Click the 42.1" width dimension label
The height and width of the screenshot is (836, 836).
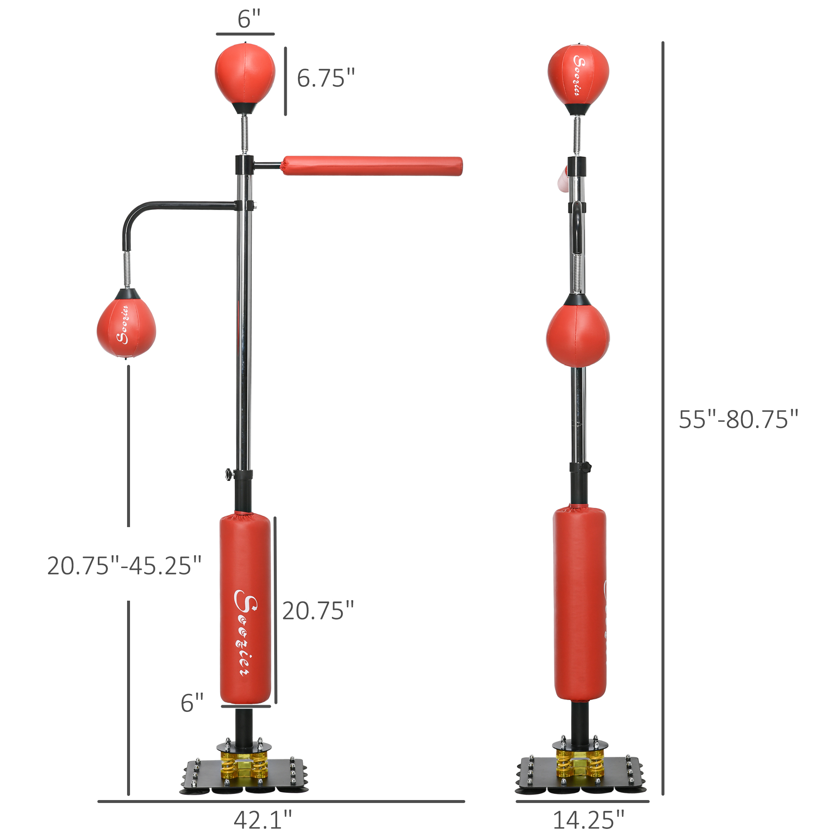tap(263, 819)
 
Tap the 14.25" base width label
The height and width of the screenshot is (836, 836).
tap(589, 819)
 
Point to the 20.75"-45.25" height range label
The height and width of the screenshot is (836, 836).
tap(124, 566)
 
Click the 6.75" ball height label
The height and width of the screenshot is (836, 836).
tap(325, 78)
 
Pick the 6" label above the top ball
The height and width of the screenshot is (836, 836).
tap(249, 19)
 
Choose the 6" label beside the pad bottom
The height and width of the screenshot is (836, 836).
tap(192, 703)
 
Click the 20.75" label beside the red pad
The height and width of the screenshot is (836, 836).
tap(318, 611)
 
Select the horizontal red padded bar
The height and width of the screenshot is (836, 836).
tap(372, 166)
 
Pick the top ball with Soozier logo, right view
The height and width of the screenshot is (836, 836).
tap(578, 74)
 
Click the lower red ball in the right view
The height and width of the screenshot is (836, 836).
tap(578, 335)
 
